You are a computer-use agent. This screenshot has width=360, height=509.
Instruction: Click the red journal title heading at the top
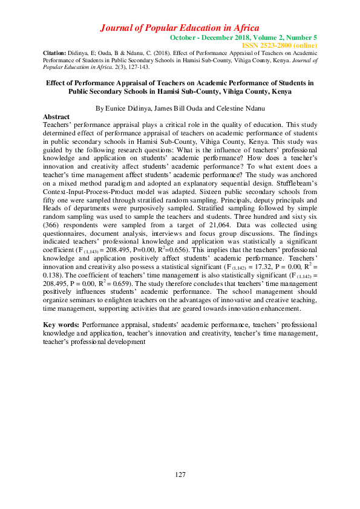(x=180, y=28)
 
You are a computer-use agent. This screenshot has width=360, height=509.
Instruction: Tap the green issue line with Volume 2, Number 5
(x=243, y=37)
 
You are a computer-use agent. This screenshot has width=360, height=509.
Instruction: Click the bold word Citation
(x=54, y=53)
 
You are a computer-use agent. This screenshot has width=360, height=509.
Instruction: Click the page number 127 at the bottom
(x=180, y=475)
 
